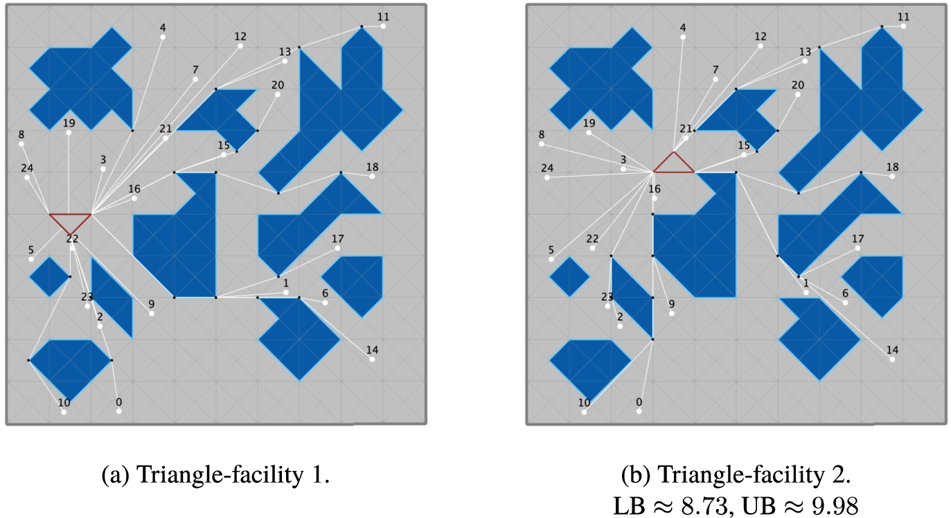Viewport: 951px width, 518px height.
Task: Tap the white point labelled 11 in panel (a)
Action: click(383, 26)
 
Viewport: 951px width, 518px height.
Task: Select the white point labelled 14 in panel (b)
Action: click(892, 359)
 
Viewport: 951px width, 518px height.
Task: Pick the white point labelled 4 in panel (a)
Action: click(163, 37)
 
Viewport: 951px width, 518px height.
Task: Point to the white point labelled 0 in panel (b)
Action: click(639, 411)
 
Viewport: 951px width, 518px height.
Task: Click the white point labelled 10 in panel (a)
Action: click(64, 412)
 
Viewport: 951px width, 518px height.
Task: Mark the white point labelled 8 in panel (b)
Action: click(542, 144)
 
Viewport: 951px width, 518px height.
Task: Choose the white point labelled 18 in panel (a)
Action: click(372, 177)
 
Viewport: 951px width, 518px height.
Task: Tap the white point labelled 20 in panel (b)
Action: click(798, 95)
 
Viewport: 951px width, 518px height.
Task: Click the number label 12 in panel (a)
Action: click(240, 37)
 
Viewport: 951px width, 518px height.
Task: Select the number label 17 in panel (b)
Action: click(857, 239)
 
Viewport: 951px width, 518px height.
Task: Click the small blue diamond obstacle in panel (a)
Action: click(50, 277)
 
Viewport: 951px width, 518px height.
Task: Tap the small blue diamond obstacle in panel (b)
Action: click(570, 277)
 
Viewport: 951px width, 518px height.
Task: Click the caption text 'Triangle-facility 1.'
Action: click(215, 474)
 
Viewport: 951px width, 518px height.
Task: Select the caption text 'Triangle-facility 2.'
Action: click(736, 474)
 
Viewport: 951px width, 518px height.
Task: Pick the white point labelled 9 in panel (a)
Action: click(152, 314)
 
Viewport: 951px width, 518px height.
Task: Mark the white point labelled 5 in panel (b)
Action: click(551, 260)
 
